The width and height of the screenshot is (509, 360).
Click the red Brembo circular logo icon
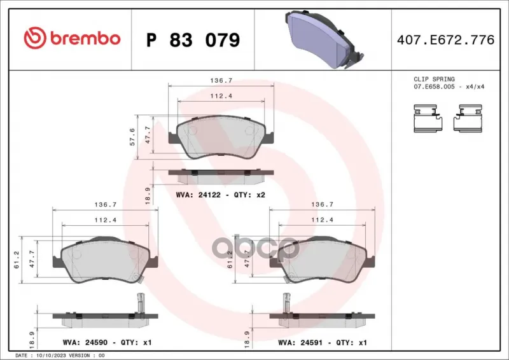tap(35, 38)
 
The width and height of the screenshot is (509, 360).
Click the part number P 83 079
tap(193, 40)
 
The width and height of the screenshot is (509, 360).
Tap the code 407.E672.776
tap(446, 39)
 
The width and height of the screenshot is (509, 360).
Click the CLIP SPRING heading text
tap(434, 80)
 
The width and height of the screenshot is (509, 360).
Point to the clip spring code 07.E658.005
tap(434, 87)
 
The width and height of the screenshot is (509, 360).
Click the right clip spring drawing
tap(468, 118)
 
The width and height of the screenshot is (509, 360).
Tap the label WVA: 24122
tap(198, 195)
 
